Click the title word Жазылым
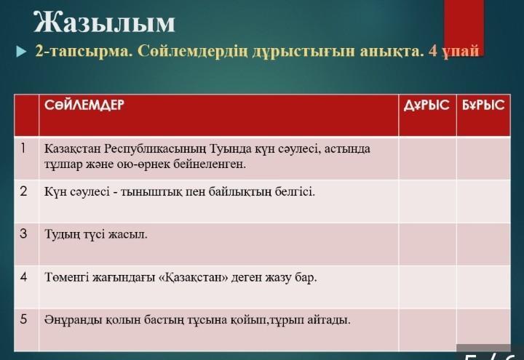tap(104, 22)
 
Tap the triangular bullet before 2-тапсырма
tap(21, 52)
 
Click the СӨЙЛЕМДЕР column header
tap(84, 105)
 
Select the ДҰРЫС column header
tap(426, 105)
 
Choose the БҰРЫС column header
tap(483, 105)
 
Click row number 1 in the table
tap(23, 148)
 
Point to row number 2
tap(23, 191)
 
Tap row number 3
tap(23, 233)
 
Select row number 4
tap(23, 276)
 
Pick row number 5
tap(23, 319)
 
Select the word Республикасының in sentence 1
tap(156, 149)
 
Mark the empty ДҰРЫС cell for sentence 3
tap(427, 244)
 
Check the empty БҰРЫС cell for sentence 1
tap(483, 158)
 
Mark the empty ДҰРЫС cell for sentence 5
tap(427, 329)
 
